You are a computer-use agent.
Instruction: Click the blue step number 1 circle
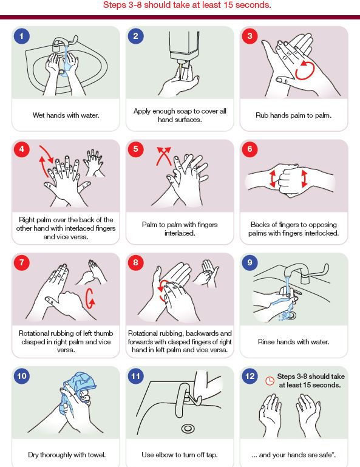point(21,36)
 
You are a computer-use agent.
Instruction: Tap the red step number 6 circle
point(250,149)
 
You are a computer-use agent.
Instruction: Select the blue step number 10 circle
point(21,376)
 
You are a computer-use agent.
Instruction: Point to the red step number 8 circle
point(135,262)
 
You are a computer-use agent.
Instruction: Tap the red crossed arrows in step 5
point(164,155)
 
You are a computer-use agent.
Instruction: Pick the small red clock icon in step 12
point(270,381)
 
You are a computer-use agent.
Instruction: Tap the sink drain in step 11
point(188,429)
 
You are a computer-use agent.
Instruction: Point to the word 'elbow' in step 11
point(163,455)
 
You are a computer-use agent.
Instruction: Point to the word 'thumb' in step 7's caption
point(103,333)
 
